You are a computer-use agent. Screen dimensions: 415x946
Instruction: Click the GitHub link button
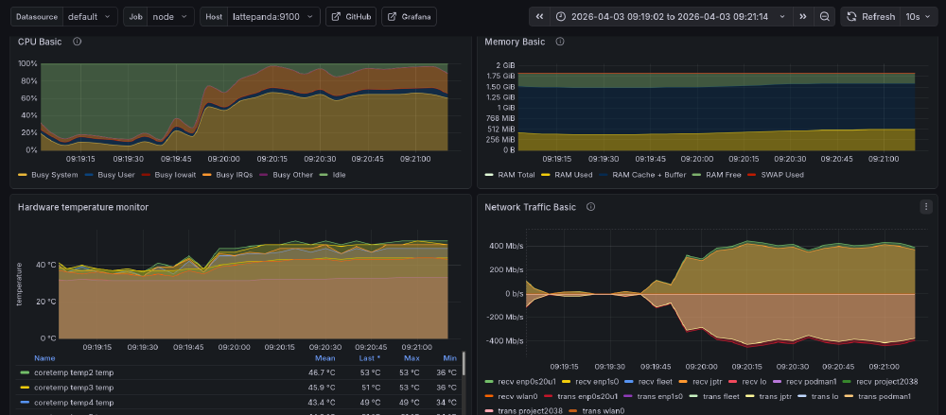tap(350, 17)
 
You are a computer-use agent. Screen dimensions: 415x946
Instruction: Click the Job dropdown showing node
tap(171, 17)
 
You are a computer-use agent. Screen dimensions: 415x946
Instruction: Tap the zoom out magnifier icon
tap(825, 17)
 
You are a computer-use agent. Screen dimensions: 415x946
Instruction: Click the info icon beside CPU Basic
tap(77, 42)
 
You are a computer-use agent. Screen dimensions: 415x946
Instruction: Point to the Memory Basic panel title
tap(515, 42)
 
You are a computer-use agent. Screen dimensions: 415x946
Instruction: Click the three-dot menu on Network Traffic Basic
tap(925, 206)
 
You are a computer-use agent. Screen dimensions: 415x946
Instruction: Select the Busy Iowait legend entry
tap(176, 175)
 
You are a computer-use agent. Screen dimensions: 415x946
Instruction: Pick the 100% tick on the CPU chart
tap(27, 64)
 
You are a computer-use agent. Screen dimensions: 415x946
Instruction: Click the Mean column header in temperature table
tap(324, 358)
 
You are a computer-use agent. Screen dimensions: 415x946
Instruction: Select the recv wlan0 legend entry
tap(514, 395)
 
